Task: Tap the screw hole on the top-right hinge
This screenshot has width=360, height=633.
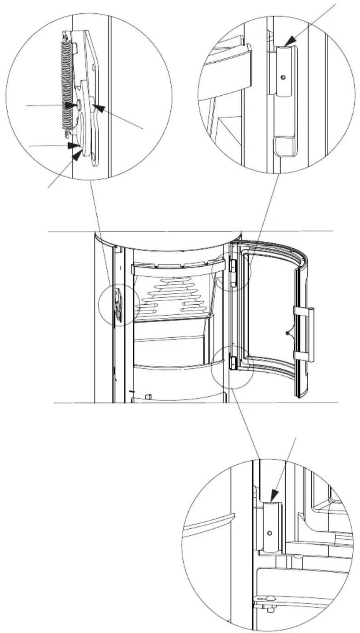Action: [x=282, y=78]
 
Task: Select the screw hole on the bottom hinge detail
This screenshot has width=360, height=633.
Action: [x=269, y=533]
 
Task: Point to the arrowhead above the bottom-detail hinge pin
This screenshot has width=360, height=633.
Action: [x=275, y=496]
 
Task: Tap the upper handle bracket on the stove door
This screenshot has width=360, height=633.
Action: [x=302, y=310]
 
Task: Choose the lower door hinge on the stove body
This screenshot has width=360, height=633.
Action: [x=233, y=362]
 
